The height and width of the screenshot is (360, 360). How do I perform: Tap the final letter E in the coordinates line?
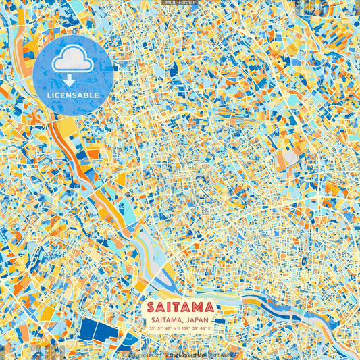(x=210, y=328)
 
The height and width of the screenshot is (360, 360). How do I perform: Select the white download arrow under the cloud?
(x=70, y=80)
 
